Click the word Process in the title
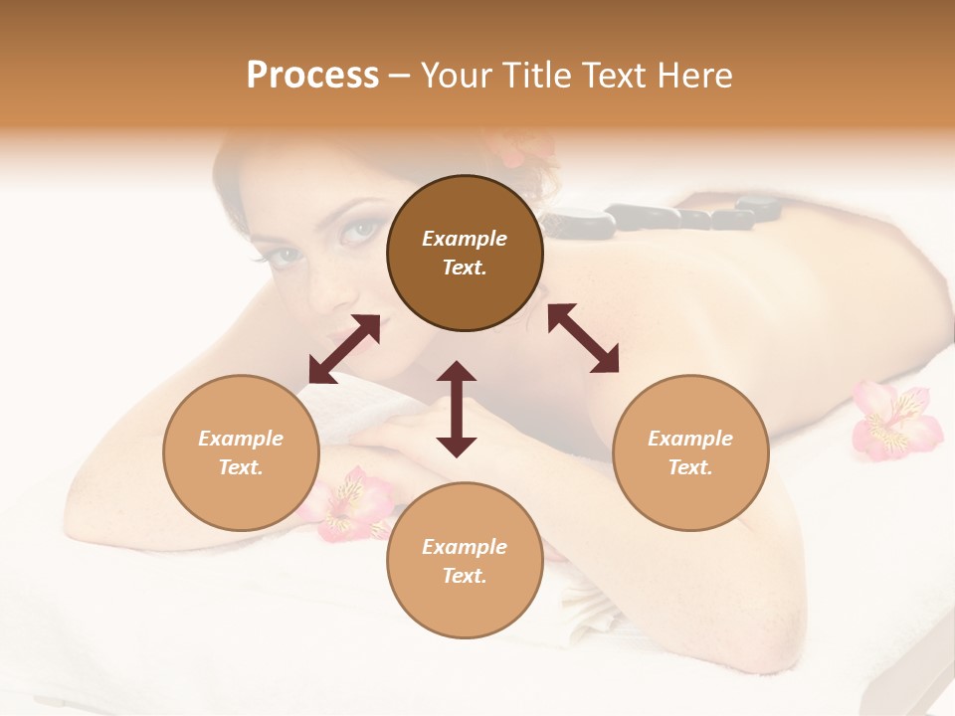312,76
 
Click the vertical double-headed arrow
457,409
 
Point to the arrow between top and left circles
344,349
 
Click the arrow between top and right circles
583,338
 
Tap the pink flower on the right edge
895,420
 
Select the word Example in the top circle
465,239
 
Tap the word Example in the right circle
690,439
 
